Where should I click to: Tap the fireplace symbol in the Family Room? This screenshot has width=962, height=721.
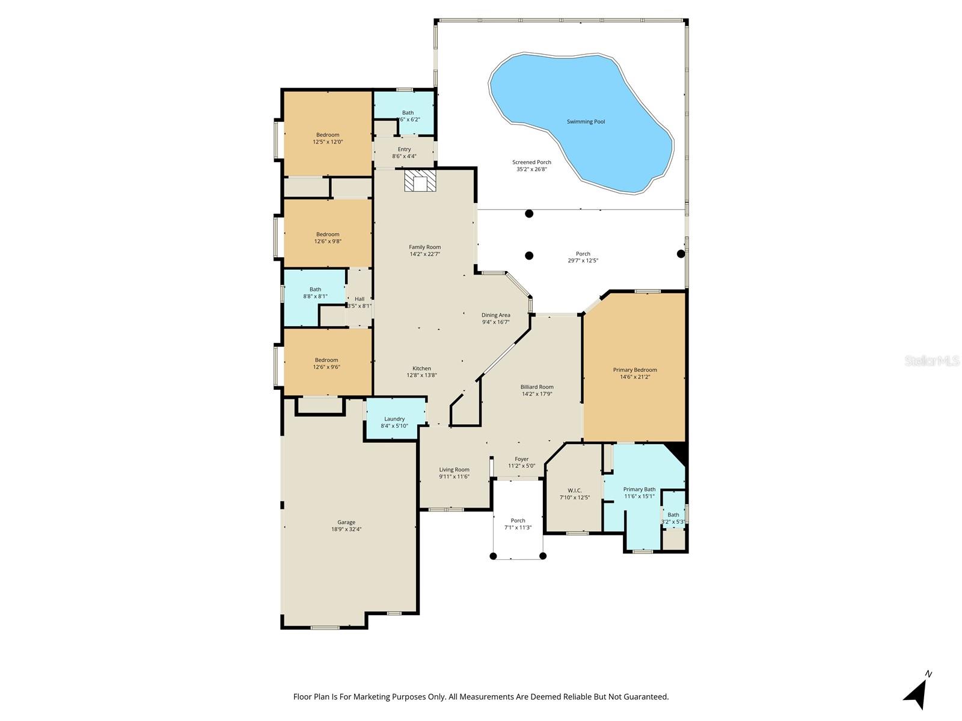coord(418,181)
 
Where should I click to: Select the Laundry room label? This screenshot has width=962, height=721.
coord(394,419)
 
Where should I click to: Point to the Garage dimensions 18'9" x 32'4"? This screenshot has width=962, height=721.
coord(346,530)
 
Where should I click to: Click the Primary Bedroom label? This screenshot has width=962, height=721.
coord(635,370)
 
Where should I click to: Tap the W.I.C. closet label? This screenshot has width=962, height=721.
coord(574,490)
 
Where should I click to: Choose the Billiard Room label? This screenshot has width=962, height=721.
coord(537,388)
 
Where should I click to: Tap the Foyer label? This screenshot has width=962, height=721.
coord(521,459)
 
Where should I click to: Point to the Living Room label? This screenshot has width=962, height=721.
coord(454,470)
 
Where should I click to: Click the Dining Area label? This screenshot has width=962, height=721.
coord(495,315)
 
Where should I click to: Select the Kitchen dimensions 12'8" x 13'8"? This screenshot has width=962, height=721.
coord(421,376)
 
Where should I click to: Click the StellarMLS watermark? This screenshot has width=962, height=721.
coord(932,360)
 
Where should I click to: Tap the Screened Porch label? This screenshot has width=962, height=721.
coord(532,162)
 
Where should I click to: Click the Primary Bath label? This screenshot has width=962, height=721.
coord(639,489)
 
